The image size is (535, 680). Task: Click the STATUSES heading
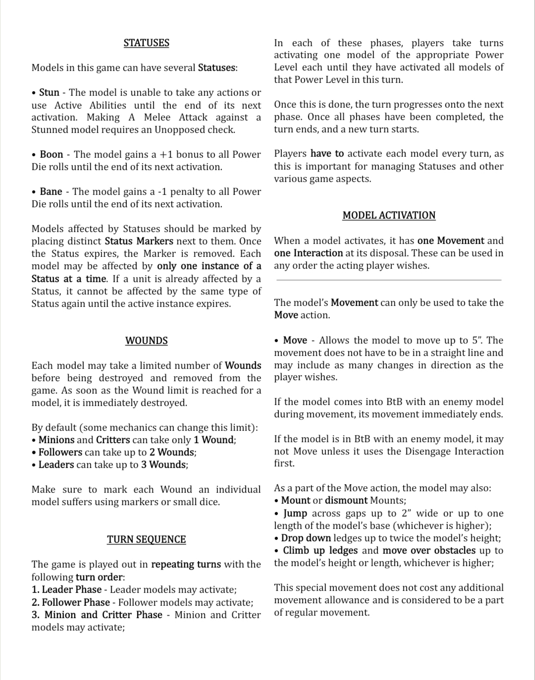[146, 43]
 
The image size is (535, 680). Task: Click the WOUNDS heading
[146, 341]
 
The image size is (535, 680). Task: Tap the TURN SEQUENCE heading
[146, 540]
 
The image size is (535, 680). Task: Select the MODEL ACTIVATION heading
[389, 216]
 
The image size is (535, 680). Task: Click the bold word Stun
[49, 93]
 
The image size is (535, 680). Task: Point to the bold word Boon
[51, 155]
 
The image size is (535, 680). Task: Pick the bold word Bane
[51, 192]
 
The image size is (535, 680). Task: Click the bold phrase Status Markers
[139, 241]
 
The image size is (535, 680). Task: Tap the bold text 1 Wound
[214, 440]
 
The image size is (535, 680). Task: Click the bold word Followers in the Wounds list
[60, 453]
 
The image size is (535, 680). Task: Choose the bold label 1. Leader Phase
[66, 590]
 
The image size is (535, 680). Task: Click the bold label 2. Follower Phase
[70, 603]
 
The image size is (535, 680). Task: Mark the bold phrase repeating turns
[186, 565]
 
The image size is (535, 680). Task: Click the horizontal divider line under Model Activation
[389, 280]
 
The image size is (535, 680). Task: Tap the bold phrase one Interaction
[308, 253]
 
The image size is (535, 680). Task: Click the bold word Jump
[295, 513]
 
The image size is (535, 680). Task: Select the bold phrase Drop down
[306, 538]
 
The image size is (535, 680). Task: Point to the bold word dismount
[346, 501]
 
